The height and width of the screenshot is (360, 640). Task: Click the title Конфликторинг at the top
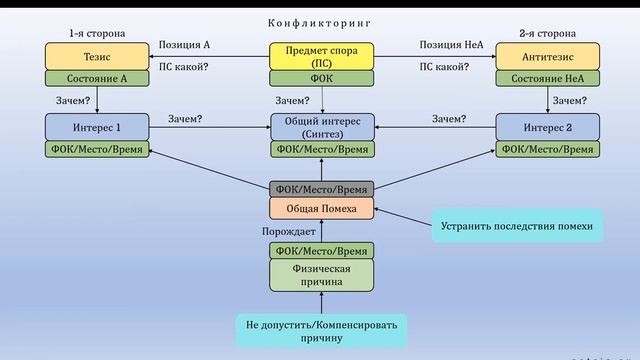pos(321,22)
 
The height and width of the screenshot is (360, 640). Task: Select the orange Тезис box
pos(96,56)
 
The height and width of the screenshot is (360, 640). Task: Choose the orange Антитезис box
pos(547,56)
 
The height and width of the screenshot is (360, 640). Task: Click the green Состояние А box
pos(96,78)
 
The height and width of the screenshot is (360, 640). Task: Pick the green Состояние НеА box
pos(547,78)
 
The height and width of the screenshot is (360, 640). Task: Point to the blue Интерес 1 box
pos(96,127)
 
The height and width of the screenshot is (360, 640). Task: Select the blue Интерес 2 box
pos(547,127)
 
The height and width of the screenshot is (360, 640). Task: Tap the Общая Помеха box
pos(321,208)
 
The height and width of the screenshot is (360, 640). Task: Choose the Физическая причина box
pos(321,274)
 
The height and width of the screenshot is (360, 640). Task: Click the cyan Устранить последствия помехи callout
pos(517,227)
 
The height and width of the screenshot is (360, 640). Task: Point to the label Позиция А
pos(185,45)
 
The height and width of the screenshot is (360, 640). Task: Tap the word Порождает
pos(289,232)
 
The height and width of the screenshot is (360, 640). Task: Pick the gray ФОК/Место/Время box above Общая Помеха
pos(321,189)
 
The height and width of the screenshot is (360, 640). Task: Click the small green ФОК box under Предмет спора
pos(321,78)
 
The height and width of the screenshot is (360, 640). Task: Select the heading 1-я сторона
pos(96,33)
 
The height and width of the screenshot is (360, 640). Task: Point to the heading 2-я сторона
pos(547,33)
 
